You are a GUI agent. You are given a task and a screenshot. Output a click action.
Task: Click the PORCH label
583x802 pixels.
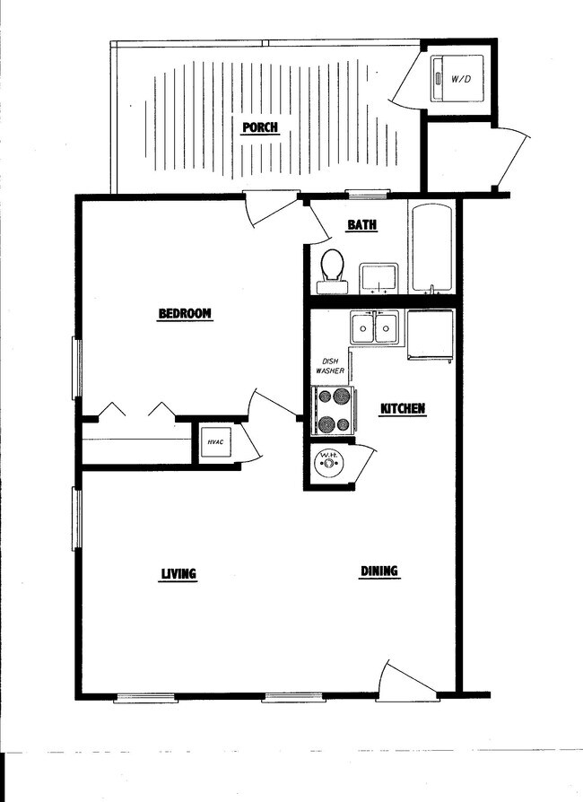pos(260,127)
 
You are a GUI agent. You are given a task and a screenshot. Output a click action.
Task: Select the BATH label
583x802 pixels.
pos(361,225)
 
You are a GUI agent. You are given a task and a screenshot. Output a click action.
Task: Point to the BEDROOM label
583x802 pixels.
pos(185,313)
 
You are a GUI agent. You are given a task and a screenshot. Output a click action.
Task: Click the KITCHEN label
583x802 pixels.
pos(403,409)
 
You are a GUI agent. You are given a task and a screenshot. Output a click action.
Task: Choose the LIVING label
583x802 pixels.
pos(178,574)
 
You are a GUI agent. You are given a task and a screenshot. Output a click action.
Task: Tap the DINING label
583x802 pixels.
pos(379,571)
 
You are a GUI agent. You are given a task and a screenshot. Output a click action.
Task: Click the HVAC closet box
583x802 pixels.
pos(214,442)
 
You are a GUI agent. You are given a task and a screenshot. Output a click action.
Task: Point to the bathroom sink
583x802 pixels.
pos(379,277)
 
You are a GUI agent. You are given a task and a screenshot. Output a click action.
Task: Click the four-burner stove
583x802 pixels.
pos(332,410)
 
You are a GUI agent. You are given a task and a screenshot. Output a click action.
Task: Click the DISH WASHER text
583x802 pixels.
pos(329,366)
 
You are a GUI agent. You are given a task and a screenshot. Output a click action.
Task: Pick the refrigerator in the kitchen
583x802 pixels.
pos(431,335)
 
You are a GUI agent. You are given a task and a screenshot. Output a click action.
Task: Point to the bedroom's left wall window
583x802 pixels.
pos(77,368)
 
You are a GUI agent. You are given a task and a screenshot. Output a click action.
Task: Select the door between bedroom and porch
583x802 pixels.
pos(271,209)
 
